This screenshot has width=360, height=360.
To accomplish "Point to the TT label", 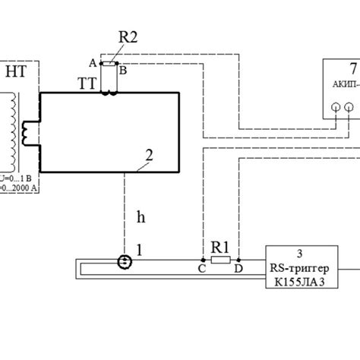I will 85,84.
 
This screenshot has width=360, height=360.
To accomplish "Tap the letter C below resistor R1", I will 201,269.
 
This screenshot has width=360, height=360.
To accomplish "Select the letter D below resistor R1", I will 238,269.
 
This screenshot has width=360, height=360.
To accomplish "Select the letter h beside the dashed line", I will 140,216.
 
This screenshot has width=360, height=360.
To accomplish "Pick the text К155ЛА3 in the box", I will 301,286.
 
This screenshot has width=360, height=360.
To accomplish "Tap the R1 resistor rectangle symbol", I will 219,259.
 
